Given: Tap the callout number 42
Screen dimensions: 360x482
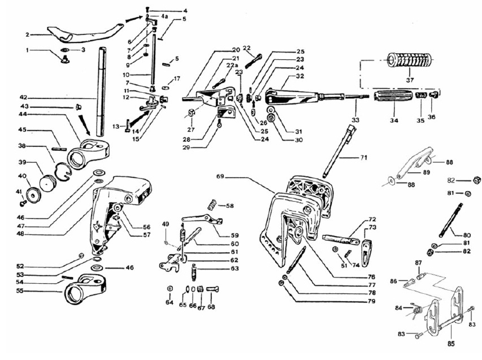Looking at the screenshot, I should click(x=23, y=97).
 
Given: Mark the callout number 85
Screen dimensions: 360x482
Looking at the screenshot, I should click(x=451, y=342).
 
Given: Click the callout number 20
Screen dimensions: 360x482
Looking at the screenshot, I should click(x=236, y=50).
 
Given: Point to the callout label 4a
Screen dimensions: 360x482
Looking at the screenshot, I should click(x=164, y=17).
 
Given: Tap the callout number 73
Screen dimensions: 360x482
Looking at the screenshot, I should click(x=372, y=227).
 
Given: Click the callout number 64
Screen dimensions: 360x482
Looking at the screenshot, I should click(x=170, y=302).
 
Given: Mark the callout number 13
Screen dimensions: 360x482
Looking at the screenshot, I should click(x=116, y=127).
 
